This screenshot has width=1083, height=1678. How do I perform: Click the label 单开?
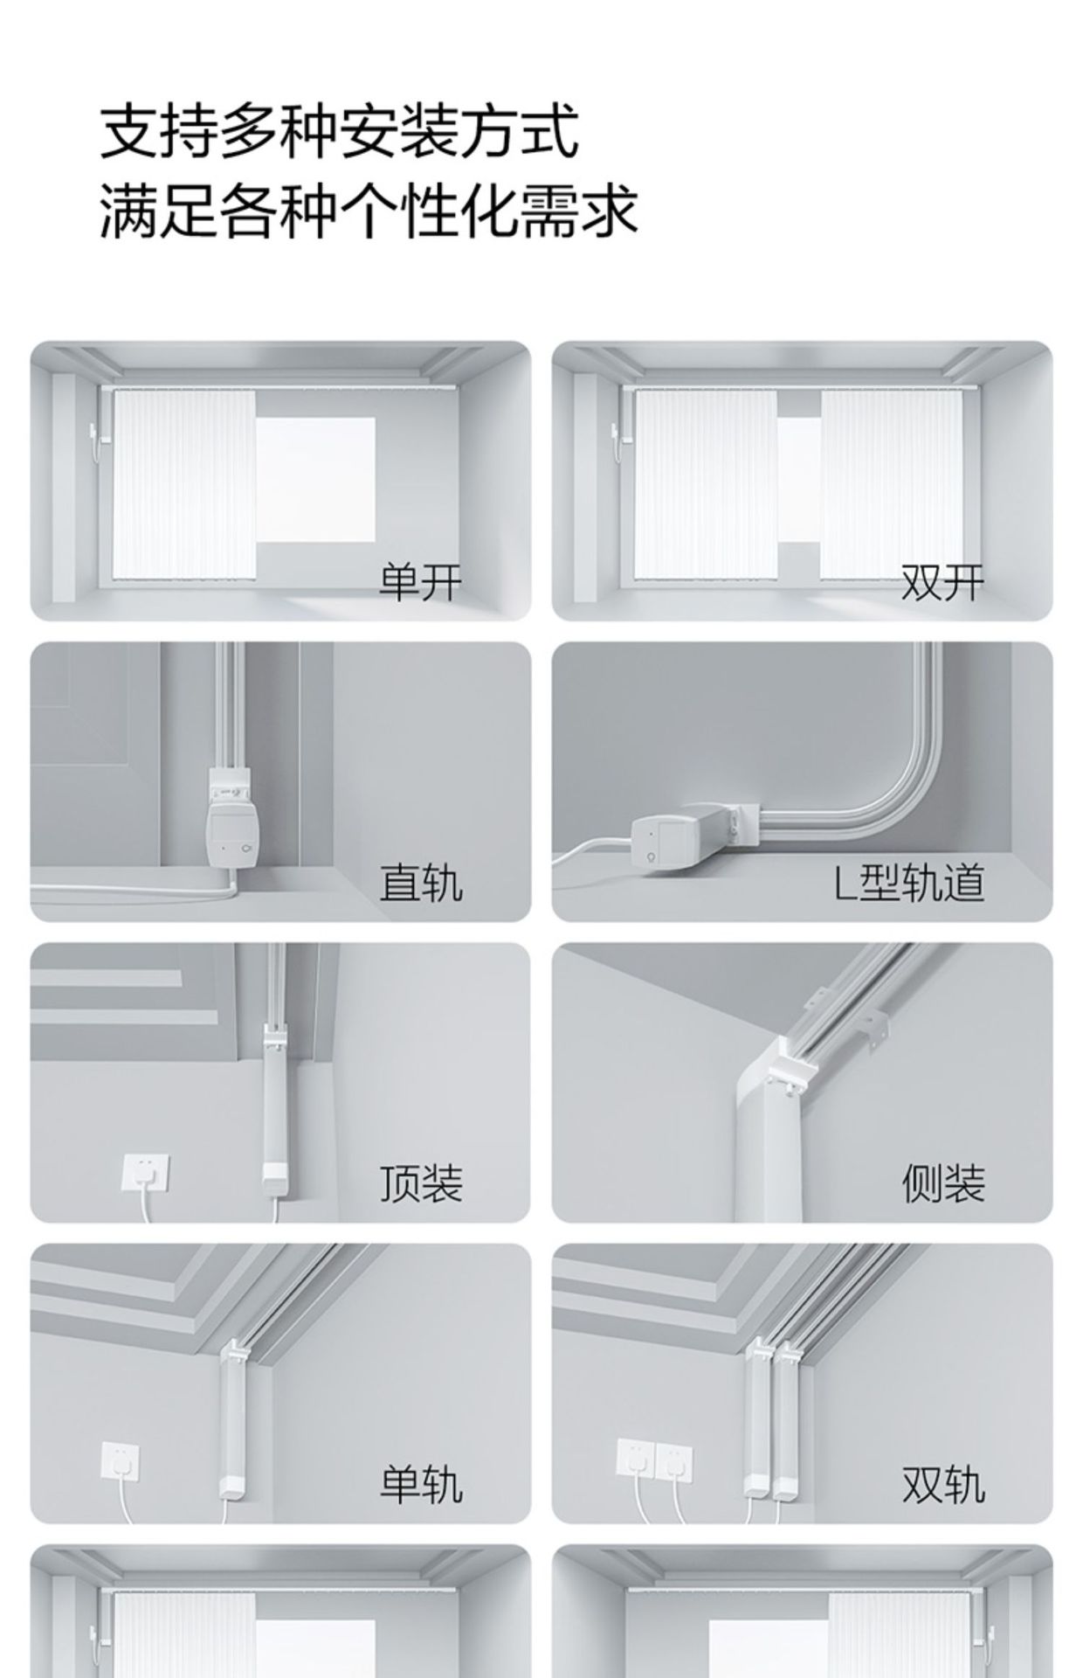pos(420,582)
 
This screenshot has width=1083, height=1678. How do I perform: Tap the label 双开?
pos(942,582)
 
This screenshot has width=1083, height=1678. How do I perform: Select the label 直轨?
pos(420,883)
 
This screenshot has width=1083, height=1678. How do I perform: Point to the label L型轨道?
pos(909,883)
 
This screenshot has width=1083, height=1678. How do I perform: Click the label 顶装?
pos(420,1183)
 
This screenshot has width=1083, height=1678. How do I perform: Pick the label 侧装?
pos(942,1183)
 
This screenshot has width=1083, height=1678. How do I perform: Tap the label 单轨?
pos(420,1484)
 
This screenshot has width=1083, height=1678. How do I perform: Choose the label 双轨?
pos(942,1484)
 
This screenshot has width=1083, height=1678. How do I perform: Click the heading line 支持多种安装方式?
pos(339,132)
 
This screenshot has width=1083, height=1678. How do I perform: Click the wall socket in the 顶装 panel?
pos(146,1172)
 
